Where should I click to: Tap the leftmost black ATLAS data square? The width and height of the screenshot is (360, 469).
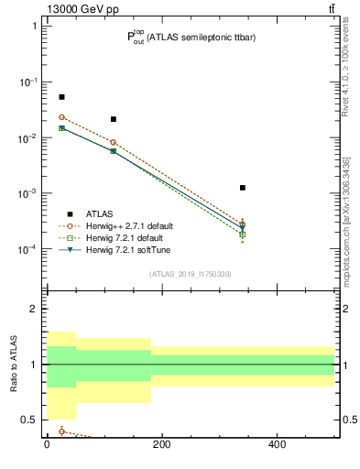[x=61, y=97]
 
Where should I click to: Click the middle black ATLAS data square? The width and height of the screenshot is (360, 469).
[x=113, y=119]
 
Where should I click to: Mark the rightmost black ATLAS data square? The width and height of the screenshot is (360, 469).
[x=243, y=188]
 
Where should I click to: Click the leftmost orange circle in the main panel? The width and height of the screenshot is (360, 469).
[x=61, y=117]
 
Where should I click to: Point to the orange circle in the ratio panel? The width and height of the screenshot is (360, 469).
[x=61, y=431]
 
